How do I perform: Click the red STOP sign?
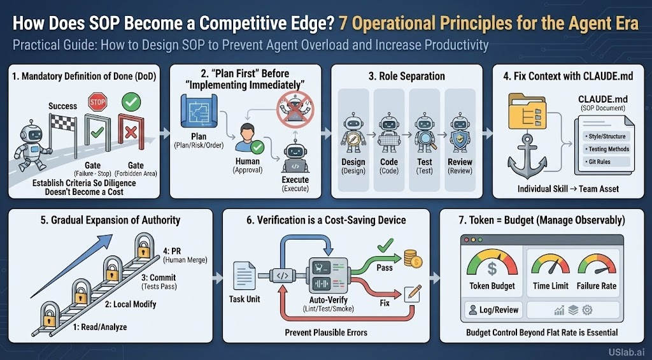97,102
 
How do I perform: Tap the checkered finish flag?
62,122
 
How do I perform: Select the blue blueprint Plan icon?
197,110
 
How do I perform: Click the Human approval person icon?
248,138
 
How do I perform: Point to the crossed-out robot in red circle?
295,110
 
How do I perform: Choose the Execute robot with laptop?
295,159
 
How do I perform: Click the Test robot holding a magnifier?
425,133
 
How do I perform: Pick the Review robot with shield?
460,133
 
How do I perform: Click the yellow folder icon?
527,111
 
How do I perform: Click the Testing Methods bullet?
607,148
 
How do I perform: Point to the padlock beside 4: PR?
144,246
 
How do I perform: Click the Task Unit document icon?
244,275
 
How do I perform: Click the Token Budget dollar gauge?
492,263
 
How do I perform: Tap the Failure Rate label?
596,286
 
